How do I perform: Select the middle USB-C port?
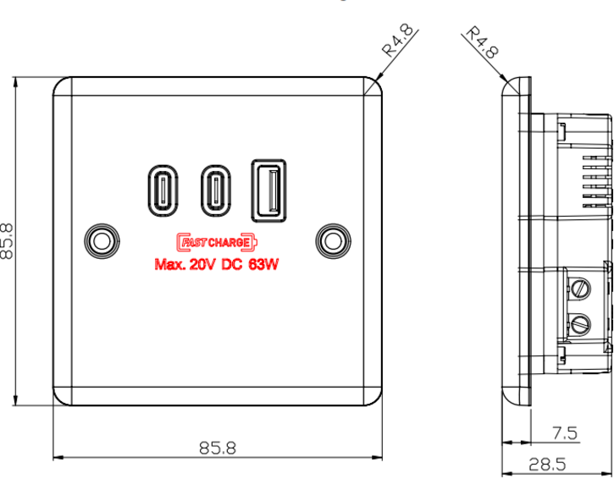215,190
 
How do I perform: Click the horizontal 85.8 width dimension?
217,448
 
